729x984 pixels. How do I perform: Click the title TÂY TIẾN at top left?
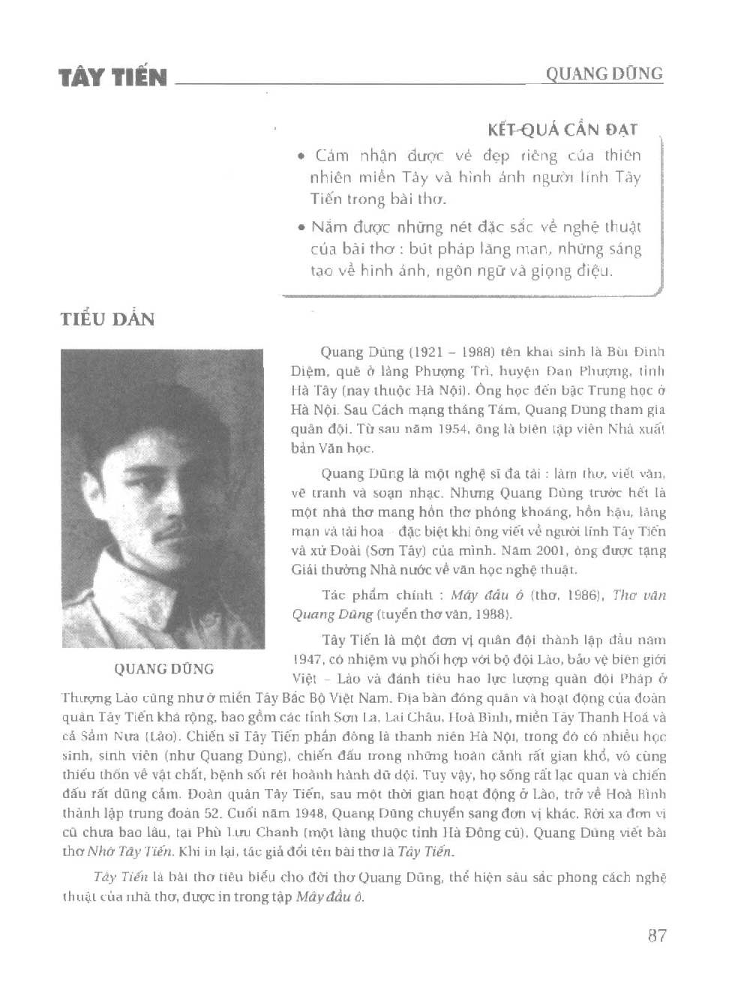point(113,77)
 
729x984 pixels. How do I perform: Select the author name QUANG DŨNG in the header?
point(604,73)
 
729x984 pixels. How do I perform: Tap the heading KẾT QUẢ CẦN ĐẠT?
point(562,129)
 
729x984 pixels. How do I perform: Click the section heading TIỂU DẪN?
point(107,319)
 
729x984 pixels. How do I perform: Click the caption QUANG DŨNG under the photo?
point(163,669)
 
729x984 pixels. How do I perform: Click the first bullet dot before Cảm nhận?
point(301,157)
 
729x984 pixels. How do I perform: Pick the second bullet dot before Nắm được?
point(301,227)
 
